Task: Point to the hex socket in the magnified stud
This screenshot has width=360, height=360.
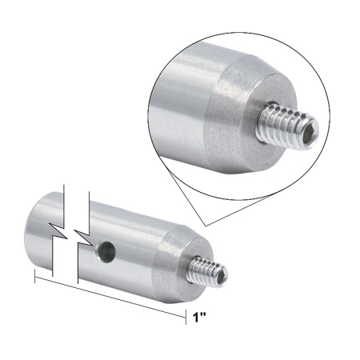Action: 311,129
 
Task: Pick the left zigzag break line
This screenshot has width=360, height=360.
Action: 56,232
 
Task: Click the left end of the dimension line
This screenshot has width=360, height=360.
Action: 34,277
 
